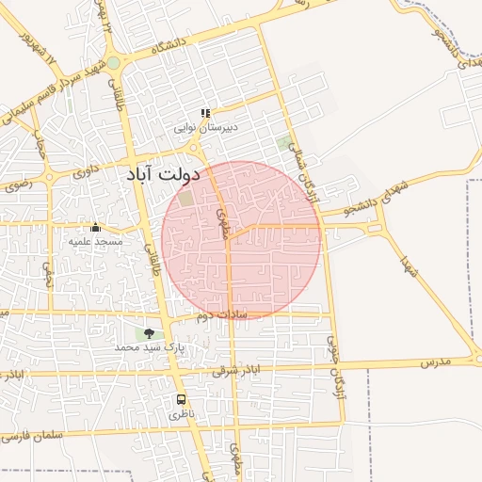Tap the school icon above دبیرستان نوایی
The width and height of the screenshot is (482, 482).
pos(205,113)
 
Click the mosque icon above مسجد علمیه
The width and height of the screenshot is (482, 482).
pos(95,228)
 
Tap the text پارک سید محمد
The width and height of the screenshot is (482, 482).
pos(147,347)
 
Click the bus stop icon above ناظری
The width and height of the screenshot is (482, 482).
pos(181,399)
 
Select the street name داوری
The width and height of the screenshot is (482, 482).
pos(86,172)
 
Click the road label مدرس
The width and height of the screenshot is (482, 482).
pos(436,361)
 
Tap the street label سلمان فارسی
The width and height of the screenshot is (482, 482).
pos(35,437)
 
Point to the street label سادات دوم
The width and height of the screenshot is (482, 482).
pos(221,315)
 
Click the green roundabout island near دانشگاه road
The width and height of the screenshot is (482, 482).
pos(113,63)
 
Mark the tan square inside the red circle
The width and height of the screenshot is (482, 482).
pos(186,199)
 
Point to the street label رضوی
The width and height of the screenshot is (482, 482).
pos(18,185)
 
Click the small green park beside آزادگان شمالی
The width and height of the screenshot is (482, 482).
pos(284,144)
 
